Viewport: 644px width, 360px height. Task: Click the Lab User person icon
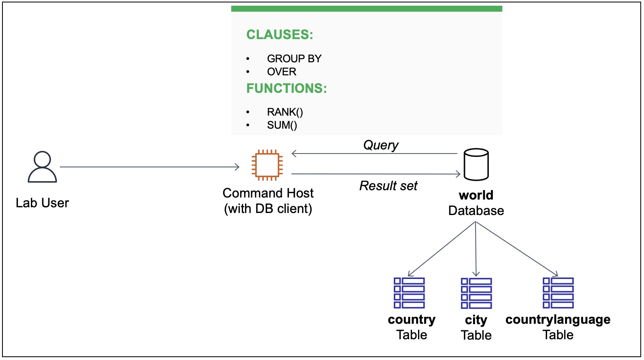[42, 167]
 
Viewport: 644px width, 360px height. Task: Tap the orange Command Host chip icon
[267, 165]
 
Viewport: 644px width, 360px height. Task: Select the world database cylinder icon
[476, 165]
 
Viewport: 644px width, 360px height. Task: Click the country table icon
[409, 293]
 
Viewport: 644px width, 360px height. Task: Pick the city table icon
[476, 293]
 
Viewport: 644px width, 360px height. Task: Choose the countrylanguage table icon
[558, 293]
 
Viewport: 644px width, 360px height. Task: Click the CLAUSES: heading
[280, 35]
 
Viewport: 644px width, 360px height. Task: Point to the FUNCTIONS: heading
[287, 88]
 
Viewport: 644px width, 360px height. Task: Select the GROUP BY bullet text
[294, 59]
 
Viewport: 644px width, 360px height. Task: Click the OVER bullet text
[281, 72]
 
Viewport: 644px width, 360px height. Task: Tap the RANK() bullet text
[285, 112]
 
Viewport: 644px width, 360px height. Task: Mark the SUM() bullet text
[282, 125]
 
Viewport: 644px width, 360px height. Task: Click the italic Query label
[381, 145]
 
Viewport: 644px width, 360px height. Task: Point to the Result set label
[388, 186]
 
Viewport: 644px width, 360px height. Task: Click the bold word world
[476, 195]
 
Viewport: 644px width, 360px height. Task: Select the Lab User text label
[42, 203]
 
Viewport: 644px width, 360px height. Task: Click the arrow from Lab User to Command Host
[150, 167]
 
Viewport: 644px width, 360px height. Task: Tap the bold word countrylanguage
[558, 319]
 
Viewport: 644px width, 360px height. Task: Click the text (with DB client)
[268, 209]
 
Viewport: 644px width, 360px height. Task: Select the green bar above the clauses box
[366, 9]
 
